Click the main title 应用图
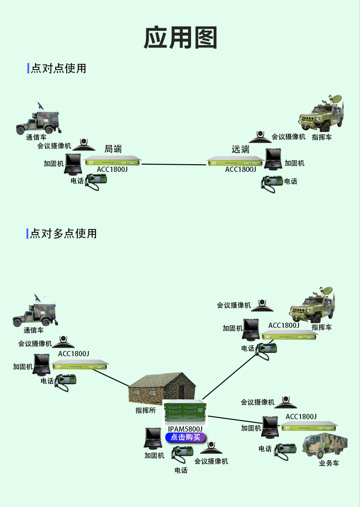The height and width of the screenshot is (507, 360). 180,38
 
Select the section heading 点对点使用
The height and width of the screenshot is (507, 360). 58,68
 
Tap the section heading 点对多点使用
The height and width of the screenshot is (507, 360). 63,234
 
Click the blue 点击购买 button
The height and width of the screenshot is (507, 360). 185,437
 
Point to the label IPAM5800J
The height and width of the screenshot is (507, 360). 185,428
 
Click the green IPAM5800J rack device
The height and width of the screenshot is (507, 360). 185,412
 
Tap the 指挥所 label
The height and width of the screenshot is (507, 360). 145,411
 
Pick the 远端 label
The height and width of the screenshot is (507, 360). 240,149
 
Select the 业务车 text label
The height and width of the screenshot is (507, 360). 329,463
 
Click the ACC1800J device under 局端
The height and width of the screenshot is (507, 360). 113,161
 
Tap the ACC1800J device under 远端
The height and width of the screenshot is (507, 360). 235,162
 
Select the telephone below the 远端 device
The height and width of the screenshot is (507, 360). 272,183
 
